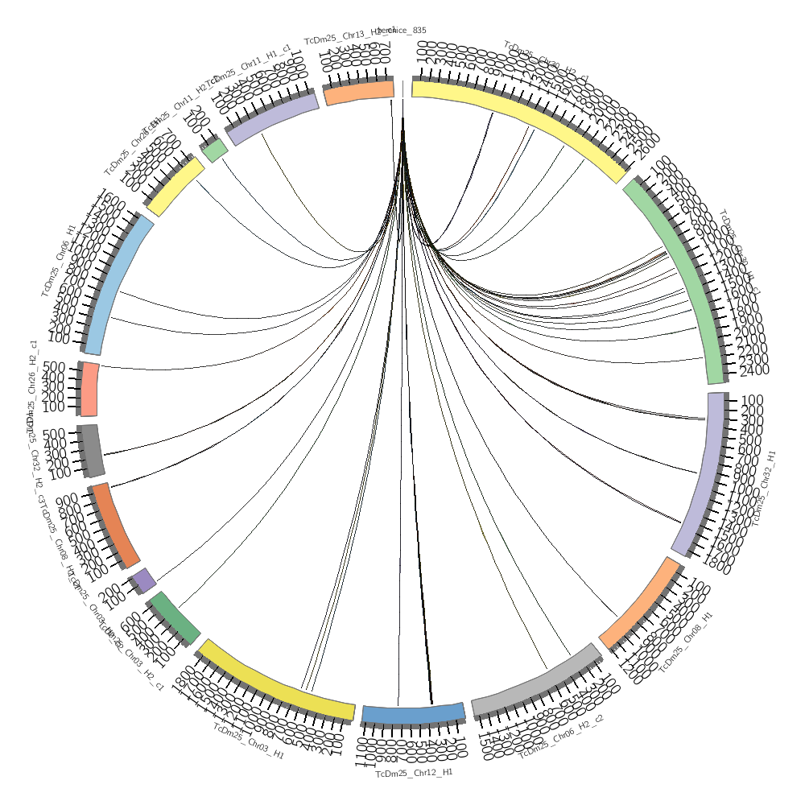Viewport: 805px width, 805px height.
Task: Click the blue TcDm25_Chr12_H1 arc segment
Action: tap(413, 714)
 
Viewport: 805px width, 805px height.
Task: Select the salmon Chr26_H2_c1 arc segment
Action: tap(90, 390)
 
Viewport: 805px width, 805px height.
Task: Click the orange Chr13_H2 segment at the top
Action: tap(359, 93)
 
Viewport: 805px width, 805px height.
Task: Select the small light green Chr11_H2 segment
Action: tap(214, 150)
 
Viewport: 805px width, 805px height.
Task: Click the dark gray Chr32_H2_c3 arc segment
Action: tap(91, 449)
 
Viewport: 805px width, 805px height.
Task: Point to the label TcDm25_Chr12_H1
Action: tap(414, 773)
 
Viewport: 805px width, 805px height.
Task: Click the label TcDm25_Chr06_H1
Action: tap(58, 260)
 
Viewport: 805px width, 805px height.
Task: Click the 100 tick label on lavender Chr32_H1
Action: tap(751, 400)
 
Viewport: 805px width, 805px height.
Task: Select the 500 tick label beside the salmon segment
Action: tap(54, 367)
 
